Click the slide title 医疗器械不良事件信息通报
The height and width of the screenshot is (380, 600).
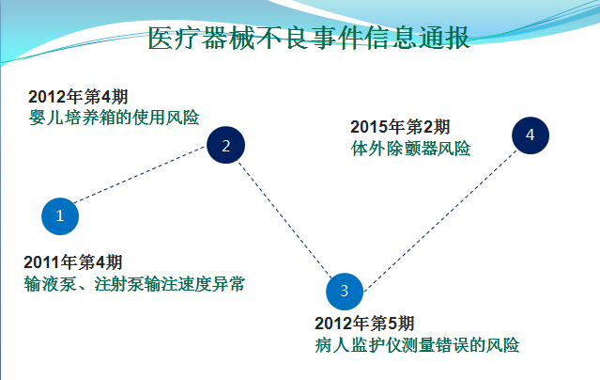309,38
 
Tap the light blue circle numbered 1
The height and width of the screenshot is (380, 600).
60,216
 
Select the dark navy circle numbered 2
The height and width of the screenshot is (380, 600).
225,145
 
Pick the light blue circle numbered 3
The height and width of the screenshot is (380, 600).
345,292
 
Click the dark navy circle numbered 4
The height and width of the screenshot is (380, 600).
531,135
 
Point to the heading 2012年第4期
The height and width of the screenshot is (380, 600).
78,97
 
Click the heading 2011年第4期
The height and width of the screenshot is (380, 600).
73,262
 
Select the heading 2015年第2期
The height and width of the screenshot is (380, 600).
400,127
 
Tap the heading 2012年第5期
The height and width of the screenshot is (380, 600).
364,324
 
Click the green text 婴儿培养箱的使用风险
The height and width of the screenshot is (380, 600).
114,118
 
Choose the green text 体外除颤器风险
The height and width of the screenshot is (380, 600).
410,149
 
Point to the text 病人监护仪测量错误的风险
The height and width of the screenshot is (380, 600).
417,344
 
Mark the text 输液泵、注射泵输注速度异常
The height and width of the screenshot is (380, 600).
134,284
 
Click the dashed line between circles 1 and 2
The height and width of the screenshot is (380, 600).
140,175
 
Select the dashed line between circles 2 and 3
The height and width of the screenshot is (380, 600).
285,219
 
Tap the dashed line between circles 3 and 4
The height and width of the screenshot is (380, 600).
440,220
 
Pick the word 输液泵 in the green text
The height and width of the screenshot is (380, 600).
50,284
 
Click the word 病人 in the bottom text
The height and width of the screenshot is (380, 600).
331,344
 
